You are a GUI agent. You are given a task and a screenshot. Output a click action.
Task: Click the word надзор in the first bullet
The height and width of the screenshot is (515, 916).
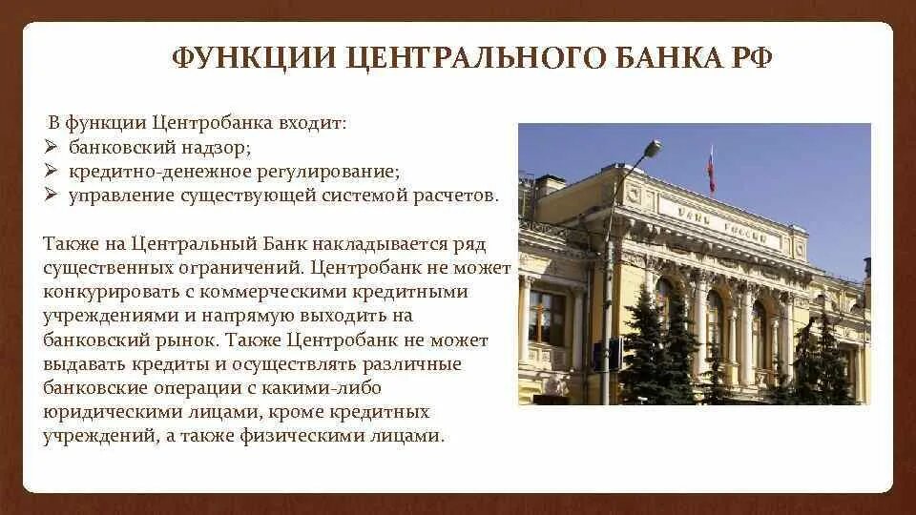point(220,148)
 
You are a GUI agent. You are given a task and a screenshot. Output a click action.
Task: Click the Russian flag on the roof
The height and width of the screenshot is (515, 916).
point(711,168)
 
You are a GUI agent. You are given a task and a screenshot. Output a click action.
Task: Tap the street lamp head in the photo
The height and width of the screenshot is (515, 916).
point(652,150)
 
